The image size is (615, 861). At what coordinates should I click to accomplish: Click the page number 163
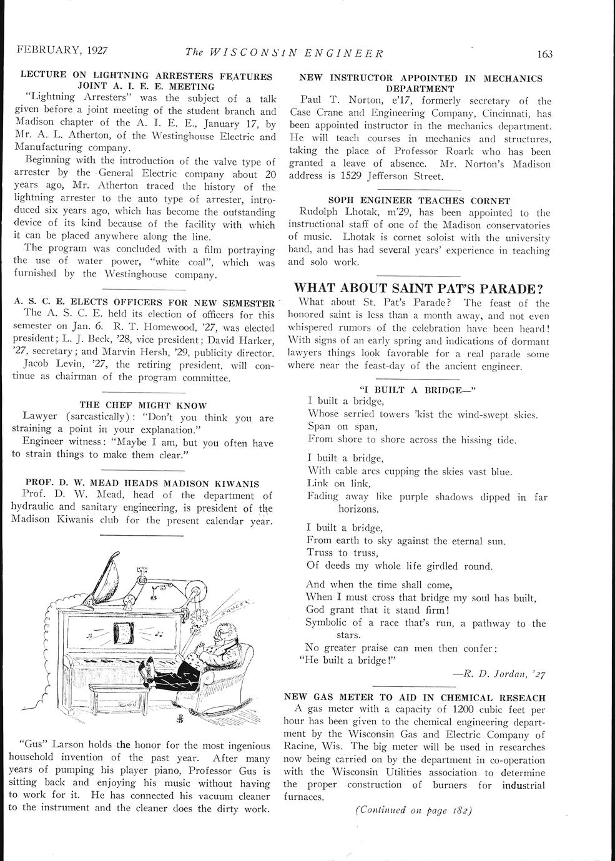tap(544, 54)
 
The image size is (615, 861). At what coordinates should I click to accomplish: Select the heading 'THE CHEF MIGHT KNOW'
tap(144, 405)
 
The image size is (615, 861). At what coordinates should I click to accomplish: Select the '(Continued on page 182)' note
tap(413, 810)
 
